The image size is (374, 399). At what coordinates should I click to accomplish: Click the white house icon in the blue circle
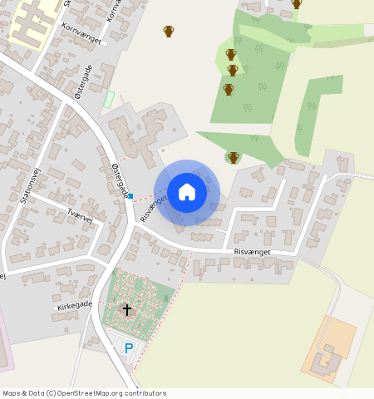pos(187,192)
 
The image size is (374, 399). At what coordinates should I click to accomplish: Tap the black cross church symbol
pos(127,309)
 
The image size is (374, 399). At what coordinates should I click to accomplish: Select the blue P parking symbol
pos(128,348)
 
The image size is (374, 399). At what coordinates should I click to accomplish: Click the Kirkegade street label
pos(74,307)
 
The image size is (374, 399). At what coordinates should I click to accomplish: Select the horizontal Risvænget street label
pos(252,250)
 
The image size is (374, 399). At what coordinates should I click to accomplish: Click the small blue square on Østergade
pos(130,196)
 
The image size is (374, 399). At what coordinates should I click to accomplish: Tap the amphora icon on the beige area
pos(169,32)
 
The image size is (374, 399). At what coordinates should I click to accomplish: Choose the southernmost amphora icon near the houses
pos(234,157)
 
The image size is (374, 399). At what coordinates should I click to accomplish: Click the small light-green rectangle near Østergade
pos(108,100)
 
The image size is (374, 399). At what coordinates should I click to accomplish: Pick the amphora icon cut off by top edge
pos(297,3)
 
